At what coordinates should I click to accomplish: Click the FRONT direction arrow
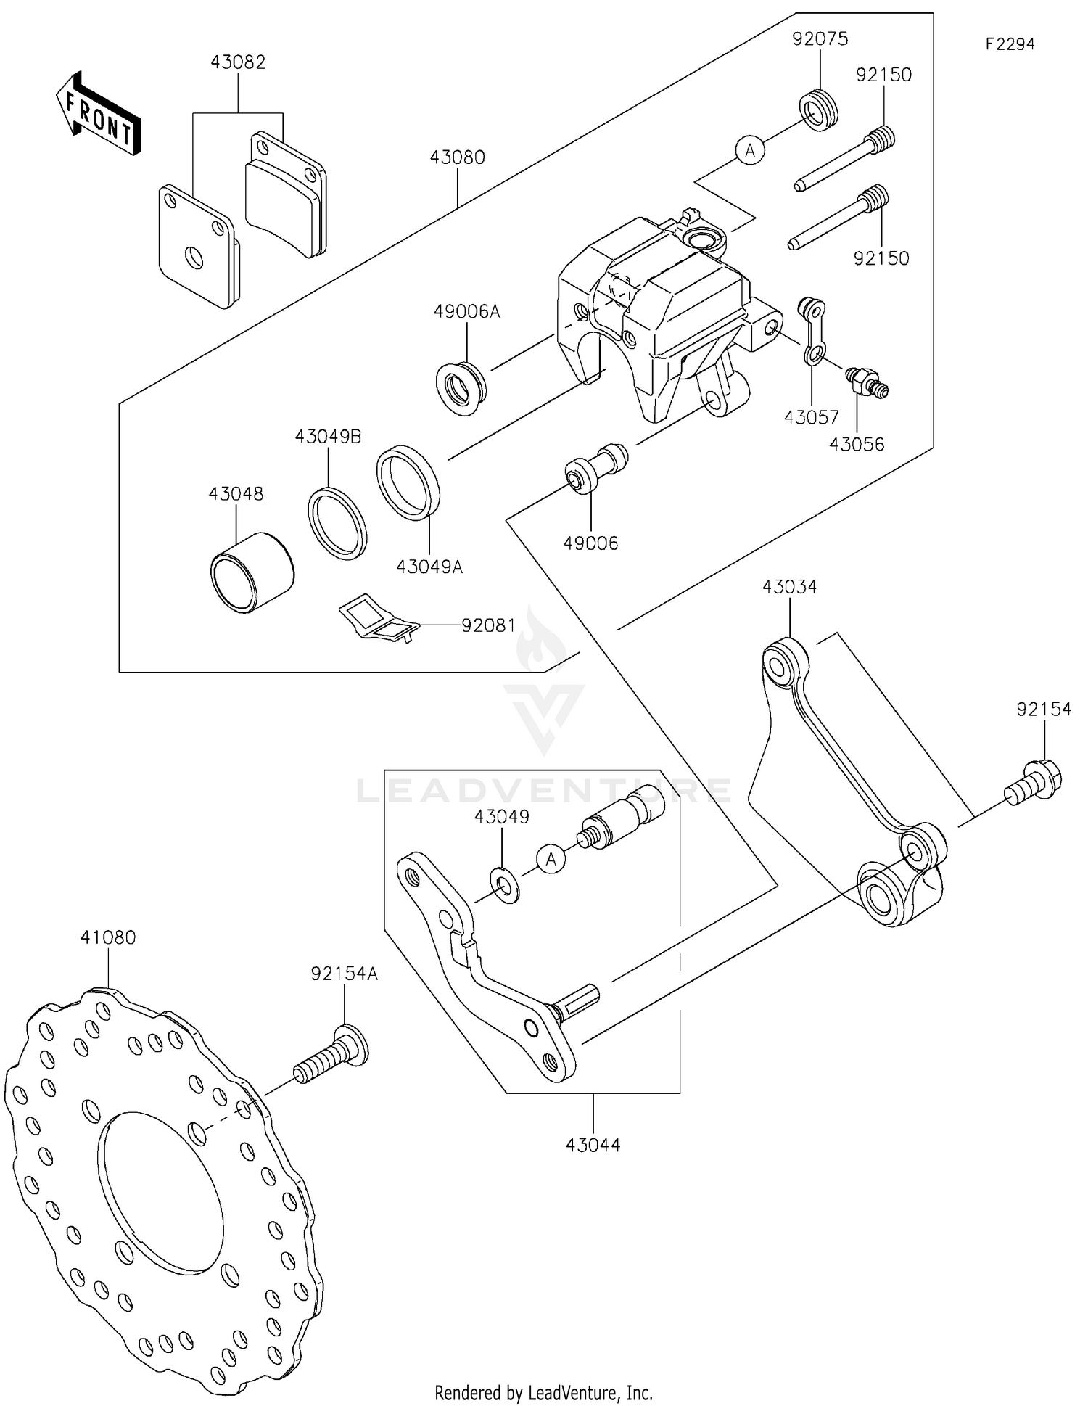point(98,114)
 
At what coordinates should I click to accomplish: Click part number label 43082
point(238,62)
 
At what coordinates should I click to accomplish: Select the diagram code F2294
point(1010,44)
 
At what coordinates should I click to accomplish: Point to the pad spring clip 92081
point(379,619)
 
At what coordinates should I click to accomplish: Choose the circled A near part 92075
point(750,150)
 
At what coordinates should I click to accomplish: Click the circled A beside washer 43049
point(551,860)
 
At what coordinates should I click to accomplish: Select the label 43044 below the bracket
point(593,1145)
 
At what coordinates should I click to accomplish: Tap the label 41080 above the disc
point(107,937)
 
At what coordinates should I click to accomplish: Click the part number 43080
point(457,157)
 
